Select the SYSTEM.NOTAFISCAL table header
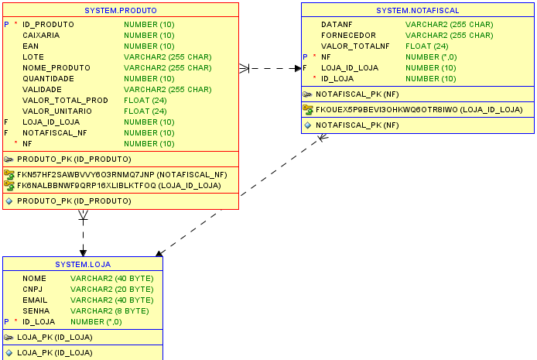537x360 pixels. pos(417,11)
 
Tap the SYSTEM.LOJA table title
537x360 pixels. pos(82,265)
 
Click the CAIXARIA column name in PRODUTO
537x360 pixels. pos(41,35)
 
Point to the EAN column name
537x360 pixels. pos(30,46)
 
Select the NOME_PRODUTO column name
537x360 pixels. pos(56,67)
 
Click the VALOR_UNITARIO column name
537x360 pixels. pos(56,111)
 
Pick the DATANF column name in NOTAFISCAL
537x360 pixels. pos(337,25)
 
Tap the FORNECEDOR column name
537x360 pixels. pos(348,36)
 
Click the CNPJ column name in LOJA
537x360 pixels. pos(33,289)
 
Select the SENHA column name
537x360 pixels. pos(36,310)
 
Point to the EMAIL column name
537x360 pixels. pos(35,300)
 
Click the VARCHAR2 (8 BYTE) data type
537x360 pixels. pos(109,310)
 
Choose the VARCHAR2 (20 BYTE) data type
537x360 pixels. pos(111,289)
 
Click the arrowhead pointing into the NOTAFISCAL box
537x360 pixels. pos(297,68)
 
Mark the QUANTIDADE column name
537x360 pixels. pos(48,78)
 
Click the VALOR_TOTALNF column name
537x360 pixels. pos(355,46)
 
